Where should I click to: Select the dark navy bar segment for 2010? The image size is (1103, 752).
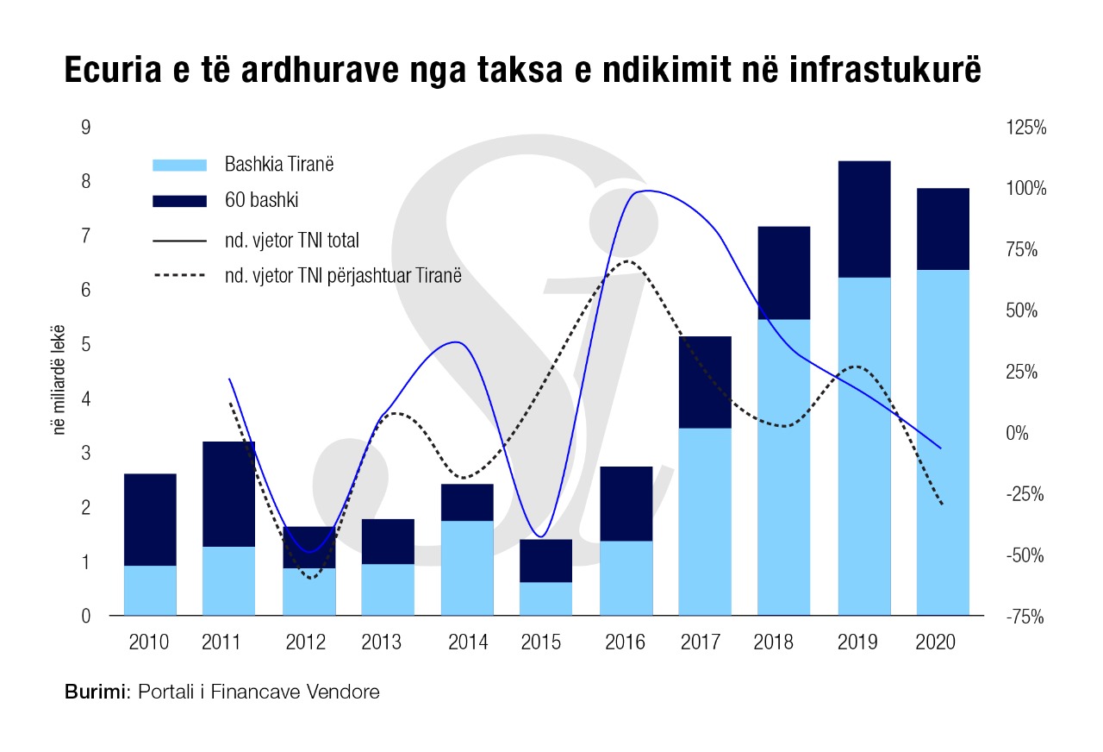150,519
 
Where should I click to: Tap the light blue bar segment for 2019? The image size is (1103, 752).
863,446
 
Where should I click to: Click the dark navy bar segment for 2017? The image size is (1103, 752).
705,382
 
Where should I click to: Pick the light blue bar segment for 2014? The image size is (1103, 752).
467,567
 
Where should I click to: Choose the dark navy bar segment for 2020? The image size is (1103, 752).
943,229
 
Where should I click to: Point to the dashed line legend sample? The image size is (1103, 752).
179,276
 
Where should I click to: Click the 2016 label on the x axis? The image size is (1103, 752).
626,642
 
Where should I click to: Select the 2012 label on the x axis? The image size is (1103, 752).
305,642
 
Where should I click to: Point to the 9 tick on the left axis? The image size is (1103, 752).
85,128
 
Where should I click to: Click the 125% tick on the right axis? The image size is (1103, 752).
1025,128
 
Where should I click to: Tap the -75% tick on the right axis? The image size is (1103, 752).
1025,617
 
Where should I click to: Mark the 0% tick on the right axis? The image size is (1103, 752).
1025,433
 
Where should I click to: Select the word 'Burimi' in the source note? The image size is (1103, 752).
95,692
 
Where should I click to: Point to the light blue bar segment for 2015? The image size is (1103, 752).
546,598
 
